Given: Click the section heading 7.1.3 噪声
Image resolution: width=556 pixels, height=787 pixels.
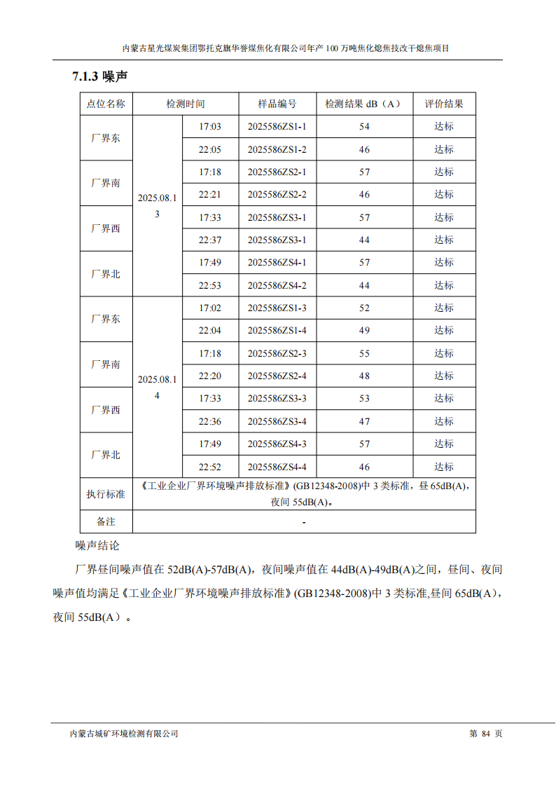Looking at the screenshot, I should pyautogui.click(x=99, y=76).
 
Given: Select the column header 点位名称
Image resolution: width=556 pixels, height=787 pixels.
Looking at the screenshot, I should pyautogui.click(x=106, y=104).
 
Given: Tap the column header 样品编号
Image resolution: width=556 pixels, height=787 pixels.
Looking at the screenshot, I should pyautogui.click(x=277, y=104).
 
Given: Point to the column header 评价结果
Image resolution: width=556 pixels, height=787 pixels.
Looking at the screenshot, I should pyautogui.click(x=443, y=104).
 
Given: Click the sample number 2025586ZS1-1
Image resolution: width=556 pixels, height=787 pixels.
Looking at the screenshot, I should pyautogui.click(x=277, y=127).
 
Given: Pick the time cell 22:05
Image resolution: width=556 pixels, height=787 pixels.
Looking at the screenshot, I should pyautogui.click(x=209, y=149).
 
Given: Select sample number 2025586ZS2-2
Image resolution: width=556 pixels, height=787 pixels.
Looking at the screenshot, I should pyautogui.click(x=277, y=195).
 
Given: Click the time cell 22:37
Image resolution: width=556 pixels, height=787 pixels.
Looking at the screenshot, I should pyautogui.click(x=209, y=240).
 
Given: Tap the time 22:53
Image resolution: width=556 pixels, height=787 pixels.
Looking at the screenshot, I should pyautogui.click(x=209, y=285).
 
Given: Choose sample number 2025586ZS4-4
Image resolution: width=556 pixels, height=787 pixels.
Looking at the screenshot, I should pyautogui.click(x=277, y=467).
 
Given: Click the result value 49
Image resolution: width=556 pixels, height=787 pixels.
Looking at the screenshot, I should pyautogui.click(x=364, y=331).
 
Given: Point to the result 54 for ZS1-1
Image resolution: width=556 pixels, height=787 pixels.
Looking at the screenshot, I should pyautogui.click(x=364, y=127).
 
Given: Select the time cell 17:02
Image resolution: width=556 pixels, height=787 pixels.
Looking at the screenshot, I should pyautogui.click(x=209, y=308).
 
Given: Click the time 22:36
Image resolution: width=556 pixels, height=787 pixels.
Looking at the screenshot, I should pyautogui.click(x=209, y=421).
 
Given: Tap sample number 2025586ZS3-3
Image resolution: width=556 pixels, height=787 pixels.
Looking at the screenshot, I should pyautogui.click(x=277, y=399).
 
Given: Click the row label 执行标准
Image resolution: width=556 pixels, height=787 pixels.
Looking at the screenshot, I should pyautogui.click(x=106, y=494).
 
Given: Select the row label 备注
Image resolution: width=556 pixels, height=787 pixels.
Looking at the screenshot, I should pyautogui.click(x=106, y=522).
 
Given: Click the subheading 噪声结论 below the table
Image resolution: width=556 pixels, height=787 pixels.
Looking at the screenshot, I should pyautogui.click(x=97, y=545).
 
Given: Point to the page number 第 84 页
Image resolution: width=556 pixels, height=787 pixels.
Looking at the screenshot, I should pyautogui.click(x=485, y=734).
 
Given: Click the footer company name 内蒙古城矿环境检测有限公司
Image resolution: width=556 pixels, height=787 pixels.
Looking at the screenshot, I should pyautogui.click(x=125, y=734).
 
